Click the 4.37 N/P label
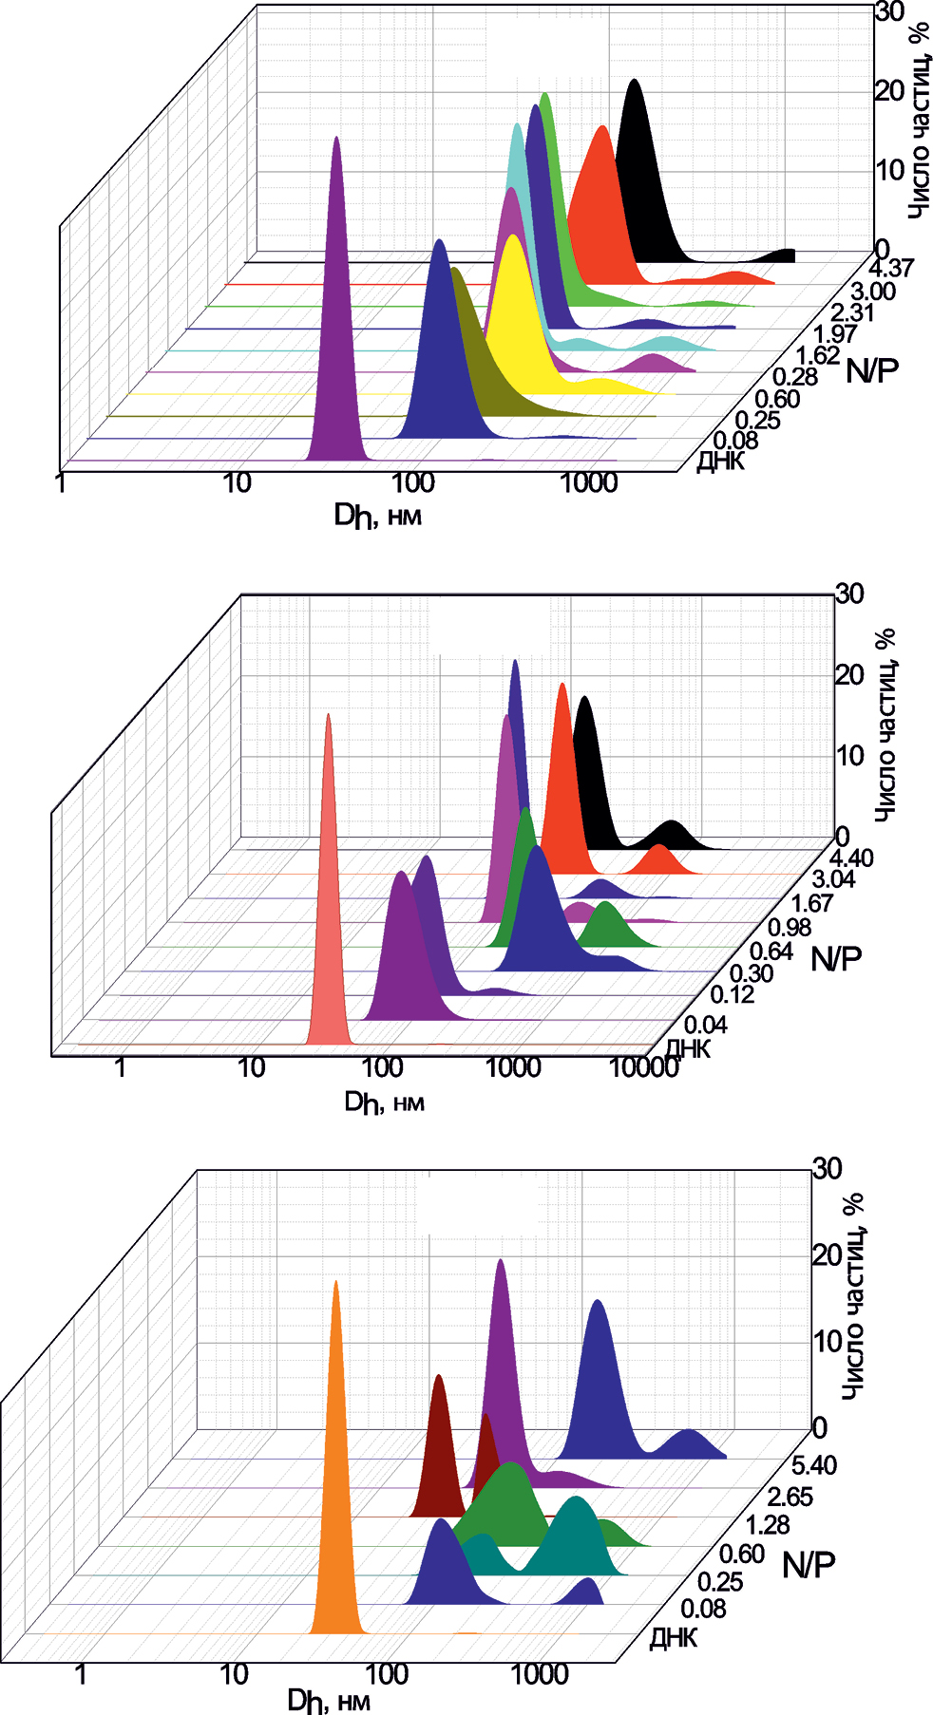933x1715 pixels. [889, 269]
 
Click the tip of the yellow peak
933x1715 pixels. [513, 237]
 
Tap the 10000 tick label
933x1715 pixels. [643, 1068]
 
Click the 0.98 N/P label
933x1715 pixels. [790, 928]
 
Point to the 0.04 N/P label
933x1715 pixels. [706, 1025]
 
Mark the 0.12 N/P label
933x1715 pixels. [733, 995]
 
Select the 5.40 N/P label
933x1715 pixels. [814, 1466]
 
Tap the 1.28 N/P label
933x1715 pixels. [767, 1525]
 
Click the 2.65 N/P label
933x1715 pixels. [790, 1498]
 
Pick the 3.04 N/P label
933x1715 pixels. [832, 880]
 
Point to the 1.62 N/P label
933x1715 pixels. [816, 356]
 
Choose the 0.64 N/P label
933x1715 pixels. [771, 951]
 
